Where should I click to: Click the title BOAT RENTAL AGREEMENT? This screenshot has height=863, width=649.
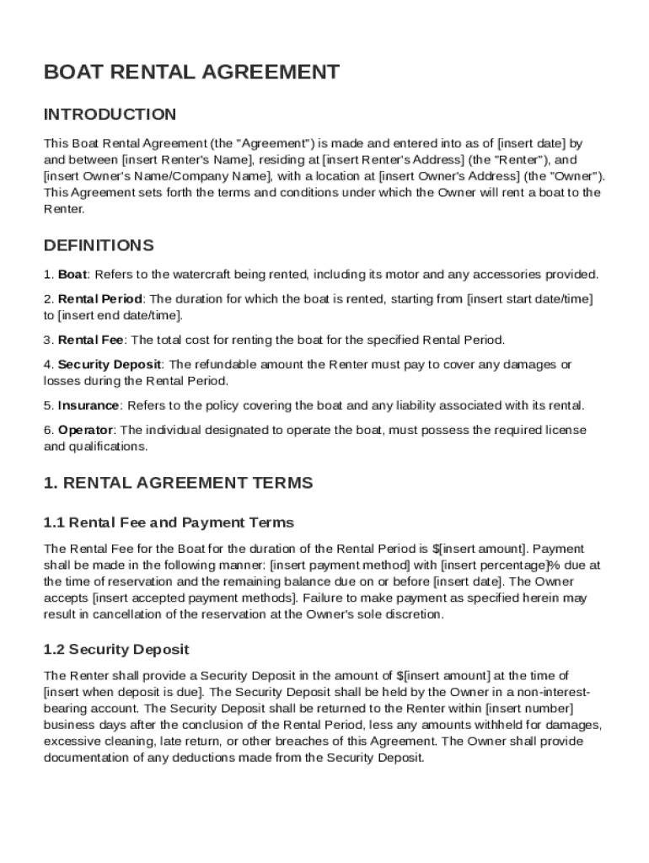click(191, 72)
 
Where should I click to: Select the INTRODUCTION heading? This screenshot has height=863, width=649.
click(110, 115)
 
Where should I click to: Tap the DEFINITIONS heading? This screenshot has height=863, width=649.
click(99, 246)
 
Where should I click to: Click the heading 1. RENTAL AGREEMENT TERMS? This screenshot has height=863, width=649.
click(178, 483)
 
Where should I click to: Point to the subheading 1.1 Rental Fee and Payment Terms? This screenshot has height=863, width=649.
click(169, 523)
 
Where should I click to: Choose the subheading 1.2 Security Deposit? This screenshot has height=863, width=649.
click(116, 650)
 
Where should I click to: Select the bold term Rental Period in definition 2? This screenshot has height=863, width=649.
click(100, 299)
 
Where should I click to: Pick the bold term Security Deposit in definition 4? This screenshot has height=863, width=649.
click(110, 365)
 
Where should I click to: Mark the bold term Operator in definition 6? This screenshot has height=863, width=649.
click(85, 431)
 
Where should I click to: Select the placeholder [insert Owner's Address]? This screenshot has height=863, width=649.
click(449, 176)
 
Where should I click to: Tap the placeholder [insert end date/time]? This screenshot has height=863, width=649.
click(119, 316)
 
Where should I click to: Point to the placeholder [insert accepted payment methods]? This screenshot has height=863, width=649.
click(195, 598)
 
